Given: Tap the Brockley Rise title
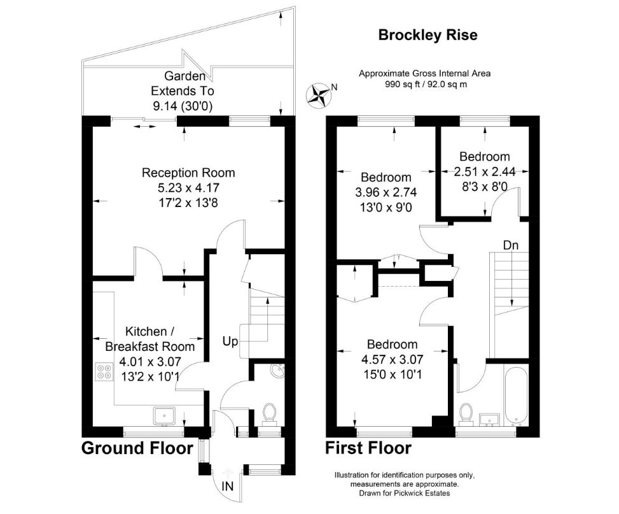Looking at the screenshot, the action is (x=428, y=35).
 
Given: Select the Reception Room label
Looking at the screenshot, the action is (x=188, y=173).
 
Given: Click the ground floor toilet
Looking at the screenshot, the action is (x=270, y=413).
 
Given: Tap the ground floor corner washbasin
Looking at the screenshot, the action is (x=278, y=370).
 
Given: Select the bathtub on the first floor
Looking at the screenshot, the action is (x=515, y=396).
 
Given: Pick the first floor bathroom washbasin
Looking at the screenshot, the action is (x=489, y=420).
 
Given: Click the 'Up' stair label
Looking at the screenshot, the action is (x=230, y=341).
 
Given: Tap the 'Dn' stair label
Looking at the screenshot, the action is (x=510, y=245).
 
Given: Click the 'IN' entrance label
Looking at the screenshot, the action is (x=227, y=486).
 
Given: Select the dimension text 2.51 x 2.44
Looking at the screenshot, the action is (x=485, y=171).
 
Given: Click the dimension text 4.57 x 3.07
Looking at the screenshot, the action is (x=393, y=359).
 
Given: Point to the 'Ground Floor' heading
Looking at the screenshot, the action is (x=137, y=448).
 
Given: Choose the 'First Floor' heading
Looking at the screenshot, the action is (x=368, y=448).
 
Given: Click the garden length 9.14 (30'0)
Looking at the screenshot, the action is (x=183, y=106).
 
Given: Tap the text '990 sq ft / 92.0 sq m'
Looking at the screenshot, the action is (x=426, y=84).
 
